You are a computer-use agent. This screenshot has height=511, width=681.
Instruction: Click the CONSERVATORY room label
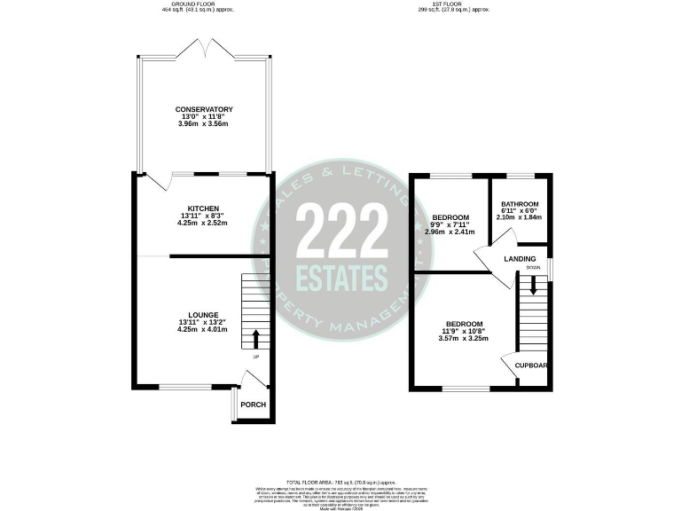pyautogui.click(x=204, y=109)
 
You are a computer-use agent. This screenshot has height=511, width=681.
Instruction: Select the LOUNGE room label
pyautogui.click(x=203, y=314)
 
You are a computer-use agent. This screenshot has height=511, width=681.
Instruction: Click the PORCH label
pyautogui.click(x=253, y=405)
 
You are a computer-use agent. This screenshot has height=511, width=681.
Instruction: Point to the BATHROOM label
pyautogui.click(x=520, y=204)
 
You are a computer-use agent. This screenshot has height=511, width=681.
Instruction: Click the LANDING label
pyautogui.click(x=519, y=258)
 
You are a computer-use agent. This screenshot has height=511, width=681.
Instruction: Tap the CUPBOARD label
pyautogui.click(x=529, y=365)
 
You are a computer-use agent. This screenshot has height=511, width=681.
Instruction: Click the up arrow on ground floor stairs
pyautogui.click(x=256, y=338)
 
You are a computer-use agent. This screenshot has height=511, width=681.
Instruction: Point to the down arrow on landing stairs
pyautogui.click(x=533, y=286)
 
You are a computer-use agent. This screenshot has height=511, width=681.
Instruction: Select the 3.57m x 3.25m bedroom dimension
pyautogui.click(x=464, y=338)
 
